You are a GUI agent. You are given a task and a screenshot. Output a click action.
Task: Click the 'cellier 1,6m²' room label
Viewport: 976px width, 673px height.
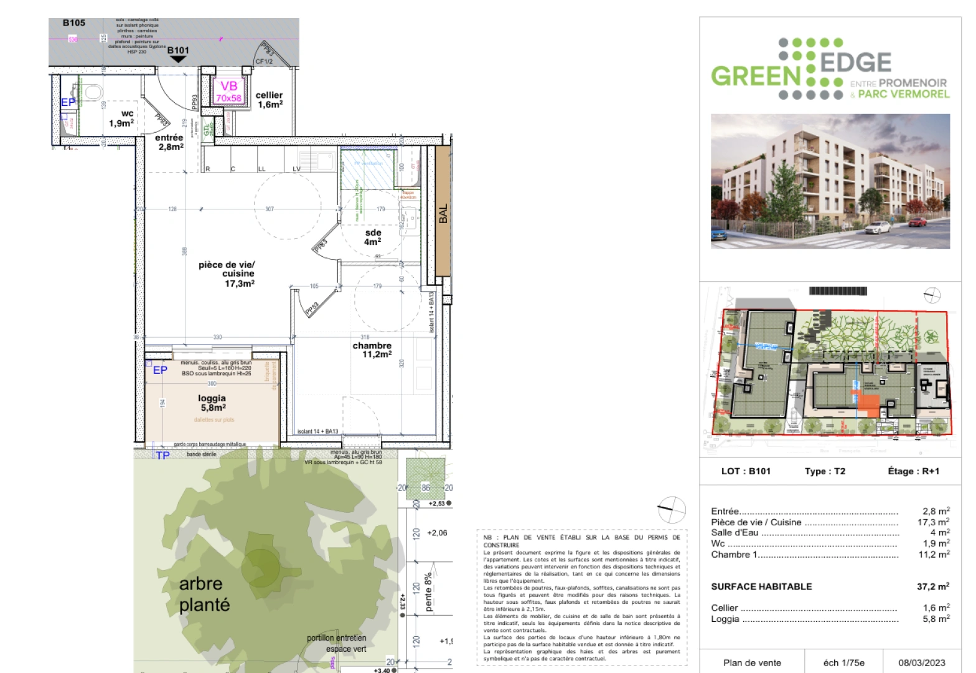click(x=270, y=100)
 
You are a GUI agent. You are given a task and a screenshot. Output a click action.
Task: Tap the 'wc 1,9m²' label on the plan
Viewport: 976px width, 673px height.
click(x=122, y=118)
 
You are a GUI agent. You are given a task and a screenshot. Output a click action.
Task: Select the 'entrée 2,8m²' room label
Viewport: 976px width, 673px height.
click(x=170, y=142)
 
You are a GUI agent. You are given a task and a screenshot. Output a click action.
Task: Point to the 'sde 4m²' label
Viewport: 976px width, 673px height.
click(x=373, y=237)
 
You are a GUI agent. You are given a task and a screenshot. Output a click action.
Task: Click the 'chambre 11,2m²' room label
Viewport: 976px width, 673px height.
click(x=372, y=350)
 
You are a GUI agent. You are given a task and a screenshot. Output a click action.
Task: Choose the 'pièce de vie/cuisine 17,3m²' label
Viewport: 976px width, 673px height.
click(x=228, y=274)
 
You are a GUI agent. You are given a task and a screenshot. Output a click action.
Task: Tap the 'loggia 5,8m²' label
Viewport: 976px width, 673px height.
click(x=212, y=403)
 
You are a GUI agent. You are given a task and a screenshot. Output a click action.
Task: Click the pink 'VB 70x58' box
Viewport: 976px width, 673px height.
click(x=228, y=91)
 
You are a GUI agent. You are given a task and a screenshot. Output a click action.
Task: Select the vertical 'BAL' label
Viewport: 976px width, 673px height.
click(x=443, y=214)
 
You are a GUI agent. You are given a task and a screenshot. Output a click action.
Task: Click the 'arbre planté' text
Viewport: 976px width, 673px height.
click(x=204, y=594)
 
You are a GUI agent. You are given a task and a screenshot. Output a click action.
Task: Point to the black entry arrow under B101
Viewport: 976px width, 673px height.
click(x=178, y=59)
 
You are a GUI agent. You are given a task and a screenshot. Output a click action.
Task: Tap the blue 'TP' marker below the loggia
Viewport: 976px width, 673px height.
click(x=162, y=456)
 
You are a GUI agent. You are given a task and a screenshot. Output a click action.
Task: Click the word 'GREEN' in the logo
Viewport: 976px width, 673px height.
click(x=756, y=76)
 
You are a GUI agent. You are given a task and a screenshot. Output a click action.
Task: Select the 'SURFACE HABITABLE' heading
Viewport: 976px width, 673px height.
click(x=761, y=586)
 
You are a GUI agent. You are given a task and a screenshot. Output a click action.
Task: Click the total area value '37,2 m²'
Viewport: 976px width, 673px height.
click(x=932, y=586)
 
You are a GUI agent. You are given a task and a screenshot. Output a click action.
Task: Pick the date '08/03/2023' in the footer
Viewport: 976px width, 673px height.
click(x=921, y=662)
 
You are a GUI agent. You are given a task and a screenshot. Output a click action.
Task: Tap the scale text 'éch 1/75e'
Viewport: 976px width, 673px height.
click(x=843, y=662)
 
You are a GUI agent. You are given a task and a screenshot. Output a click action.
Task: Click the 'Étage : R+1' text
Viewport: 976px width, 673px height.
click(x=913, y=471)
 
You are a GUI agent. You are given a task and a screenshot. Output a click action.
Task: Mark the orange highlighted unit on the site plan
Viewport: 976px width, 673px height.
click(x=868, y=406)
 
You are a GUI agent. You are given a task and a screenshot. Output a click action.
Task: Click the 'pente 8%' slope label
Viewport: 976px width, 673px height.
click(x=428, y=592)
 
